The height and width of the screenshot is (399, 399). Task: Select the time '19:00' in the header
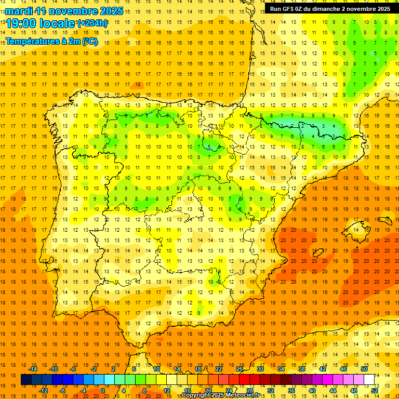[x=21, y=23]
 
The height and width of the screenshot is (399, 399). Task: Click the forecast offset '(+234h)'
[x=92, y=23]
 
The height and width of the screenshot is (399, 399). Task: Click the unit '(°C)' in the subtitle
[x=89, y=41]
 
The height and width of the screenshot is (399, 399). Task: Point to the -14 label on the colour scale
[x=33, y=369]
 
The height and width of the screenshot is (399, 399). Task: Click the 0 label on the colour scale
[x=103, y=390]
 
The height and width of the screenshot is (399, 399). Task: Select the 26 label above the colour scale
[x=240, y=369]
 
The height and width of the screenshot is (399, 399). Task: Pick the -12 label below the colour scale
[x=43, y=390]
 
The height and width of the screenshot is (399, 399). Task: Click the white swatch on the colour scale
[x=369, y=380]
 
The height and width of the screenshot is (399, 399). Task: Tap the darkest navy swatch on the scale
[x=26, y=380]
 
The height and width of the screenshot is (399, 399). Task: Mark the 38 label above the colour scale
[x=301, y=369]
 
